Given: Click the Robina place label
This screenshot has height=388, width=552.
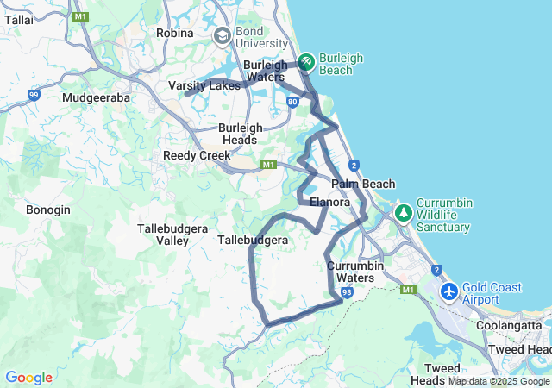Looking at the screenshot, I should coord(175,33).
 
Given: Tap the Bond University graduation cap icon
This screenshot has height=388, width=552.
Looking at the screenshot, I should coord(222,36).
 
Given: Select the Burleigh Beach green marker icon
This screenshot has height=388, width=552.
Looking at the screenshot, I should coord(306,62).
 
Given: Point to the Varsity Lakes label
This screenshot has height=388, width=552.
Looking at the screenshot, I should coord(204,85).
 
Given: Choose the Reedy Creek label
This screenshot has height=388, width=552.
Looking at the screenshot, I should coord(197,155).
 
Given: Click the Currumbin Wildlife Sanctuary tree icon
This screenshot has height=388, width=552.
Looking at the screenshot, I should coord(403,211).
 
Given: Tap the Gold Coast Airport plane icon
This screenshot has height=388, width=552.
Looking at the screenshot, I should coord(449,291).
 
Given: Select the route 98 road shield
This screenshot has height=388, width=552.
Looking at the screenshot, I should coord(346,293).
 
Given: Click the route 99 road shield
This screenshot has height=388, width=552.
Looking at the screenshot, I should coord(34,95).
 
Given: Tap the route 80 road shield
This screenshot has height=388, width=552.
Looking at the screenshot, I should coord(293,101).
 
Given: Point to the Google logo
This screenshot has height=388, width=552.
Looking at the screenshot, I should coord(28,378).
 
